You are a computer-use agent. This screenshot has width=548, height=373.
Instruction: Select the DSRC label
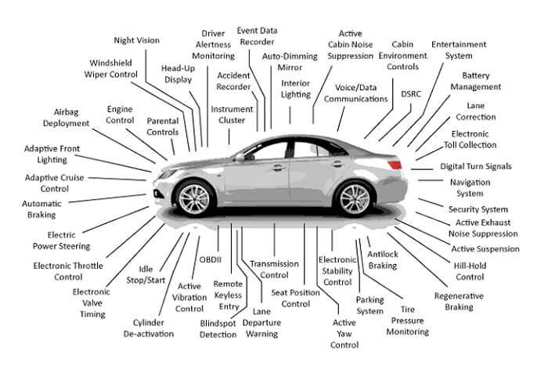tap(410, 94)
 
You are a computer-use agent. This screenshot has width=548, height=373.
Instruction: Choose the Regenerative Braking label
tap(459, 302)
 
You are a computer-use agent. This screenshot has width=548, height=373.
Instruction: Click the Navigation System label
tap(471, 187)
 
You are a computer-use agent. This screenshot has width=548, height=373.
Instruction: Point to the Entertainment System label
tap(459, 50)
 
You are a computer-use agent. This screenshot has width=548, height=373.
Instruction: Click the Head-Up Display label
tap(178, 73)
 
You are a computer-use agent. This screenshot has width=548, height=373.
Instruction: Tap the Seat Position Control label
tap(294, 298)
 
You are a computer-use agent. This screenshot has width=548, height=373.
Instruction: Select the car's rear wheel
tap(352, 199)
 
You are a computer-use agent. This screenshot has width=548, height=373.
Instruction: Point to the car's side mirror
tap(239, 158)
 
